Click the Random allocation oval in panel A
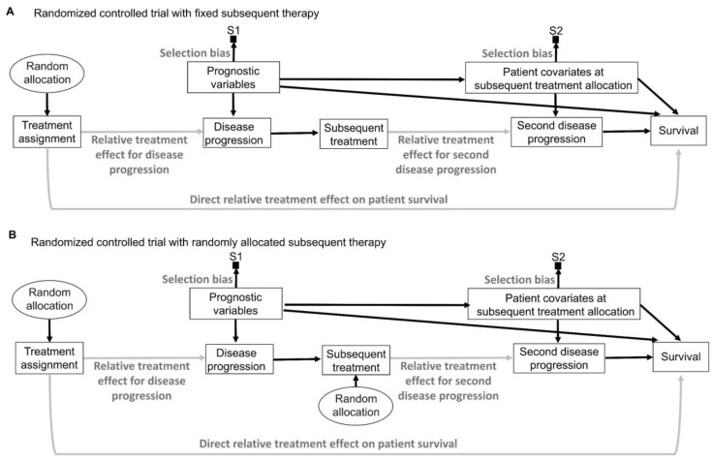(x=46, y=73)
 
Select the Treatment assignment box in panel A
(x=47, y=132)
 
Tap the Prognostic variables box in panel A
(x=233, y=77)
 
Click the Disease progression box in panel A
(x=236, y=133)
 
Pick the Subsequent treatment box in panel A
(x=354, y=134)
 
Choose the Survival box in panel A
(x=678, y=131)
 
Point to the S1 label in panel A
(x=232, y=30)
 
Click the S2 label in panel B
(x=558, y=257)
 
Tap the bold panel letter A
(x=10, y=12)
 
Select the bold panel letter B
(x=13, y=234)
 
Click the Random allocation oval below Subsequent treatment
(x=356, y=405)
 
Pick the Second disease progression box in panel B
(x=559, y=358)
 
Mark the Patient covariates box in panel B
(x=554, y=304)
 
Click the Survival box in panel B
(x=681, y=356)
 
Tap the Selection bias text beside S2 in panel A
(x=517, y=53)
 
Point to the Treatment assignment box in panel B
(x=49, y=358)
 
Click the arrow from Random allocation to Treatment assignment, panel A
(x=46, y=104)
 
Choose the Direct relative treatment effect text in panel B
(x=328, y=444)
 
